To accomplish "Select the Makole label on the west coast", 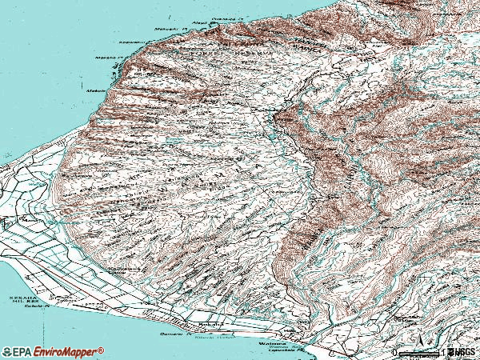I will (x=94, y=91).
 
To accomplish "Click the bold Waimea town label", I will (x=250, y=343).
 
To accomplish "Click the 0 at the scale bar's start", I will (x=395, y=352).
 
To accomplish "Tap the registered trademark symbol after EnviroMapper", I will (x=102, y=350).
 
